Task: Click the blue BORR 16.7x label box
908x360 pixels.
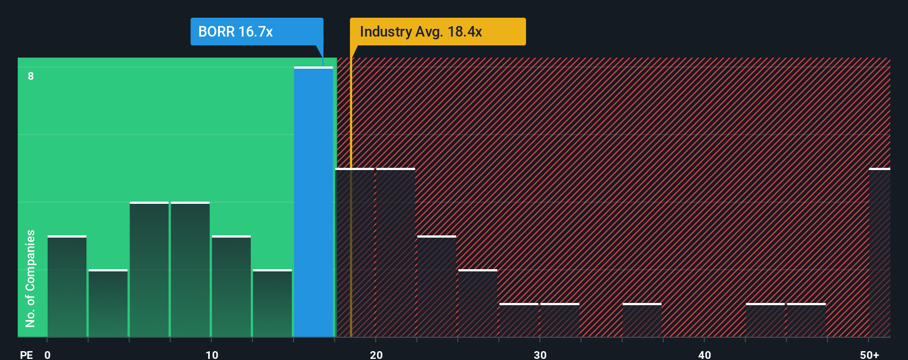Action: click(x=256, y=32)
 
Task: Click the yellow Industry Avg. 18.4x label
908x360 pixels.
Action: click(x=437, y=32)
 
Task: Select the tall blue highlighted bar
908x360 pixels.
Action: click(x=313, y=202)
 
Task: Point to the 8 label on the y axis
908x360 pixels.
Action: click(x=31, y=76)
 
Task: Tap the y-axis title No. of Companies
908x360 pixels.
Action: click(x=30, y=278)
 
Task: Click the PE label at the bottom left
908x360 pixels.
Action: click(x=26, y=354)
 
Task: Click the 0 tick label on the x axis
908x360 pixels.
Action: click(x=48, y=354)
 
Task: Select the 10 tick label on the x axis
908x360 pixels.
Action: click(x=211, y=354)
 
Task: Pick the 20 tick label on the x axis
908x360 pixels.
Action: click(x=376, y=354)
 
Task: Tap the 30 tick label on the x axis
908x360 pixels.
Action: click(x=540, y=354)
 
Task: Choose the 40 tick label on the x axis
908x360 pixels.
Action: click(x=704, y=354)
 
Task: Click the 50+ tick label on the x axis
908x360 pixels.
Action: click(x=869, y=354)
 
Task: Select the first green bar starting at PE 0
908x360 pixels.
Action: click(x=67, y=286)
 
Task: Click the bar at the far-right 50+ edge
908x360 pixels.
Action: click(x=879, y=253)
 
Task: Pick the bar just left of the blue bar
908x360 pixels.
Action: click(x=272, y=304)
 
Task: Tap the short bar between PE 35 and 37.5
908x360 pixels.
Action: click(x=642, y=320)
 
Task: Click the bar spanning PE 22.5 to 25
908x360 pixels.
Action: click(x=436, y=286)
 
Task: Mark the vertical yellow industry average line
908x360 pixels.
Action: click(x=350, y=222)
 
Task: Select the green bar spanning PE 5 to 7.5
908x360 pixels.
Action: click(x=149, y=270)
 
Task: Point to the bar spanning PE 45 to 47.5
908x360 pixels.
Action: click(x=806, y=320)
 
